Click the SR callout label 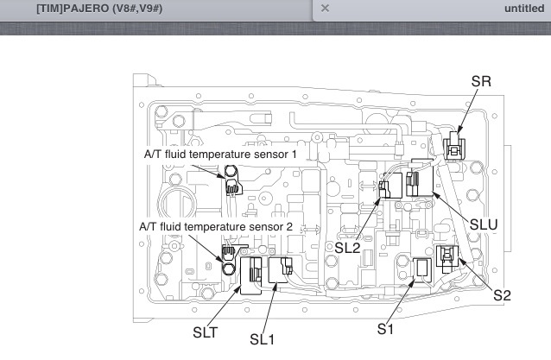click(481, 81)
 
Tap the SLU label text click(484, 224)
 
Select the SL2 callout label click(347, 248)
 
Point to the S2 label click(502, 295)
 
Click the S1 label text click(385, 329)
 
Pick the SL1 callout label click(263, 339)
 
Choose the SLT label click(206, 332)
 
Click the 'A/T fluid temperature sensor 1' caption click(220, 155)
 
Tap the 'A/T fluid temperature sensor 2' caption click(216, 226)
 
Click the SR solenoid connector click(454, 146)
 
